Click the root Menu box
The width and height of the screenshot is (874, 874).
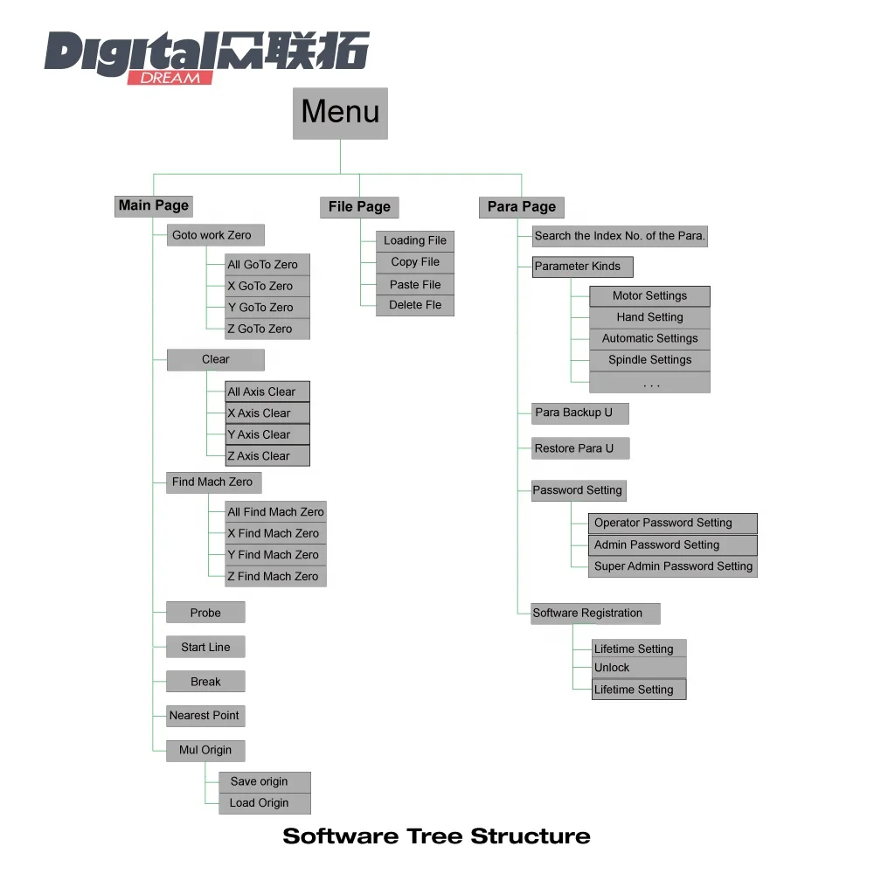(x=340, y=113)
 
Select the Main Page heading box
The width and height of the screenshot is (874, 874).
(x=154, y=206)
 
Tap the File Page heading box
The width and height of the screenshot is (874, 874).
(x=359, y=207)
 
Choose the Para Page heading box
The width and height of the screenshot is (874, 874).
(x=522, y=207)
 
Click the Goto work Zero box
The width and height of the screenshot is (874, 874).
(x=215, y=235)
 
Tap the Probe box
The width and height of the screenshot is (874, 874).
(x=205, y=613)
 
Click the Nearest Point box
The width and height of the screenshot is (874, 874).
(x=205, y=716)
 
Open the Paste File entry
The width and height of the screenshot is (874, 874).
(x=416, y=284)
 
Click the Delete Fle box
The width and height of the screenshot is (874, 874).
(x=416, y=305)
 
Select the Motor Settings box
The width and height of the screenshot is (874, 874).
(x=649, y=296)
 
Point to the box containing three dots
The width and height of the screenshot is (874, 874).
(x=649, y=383)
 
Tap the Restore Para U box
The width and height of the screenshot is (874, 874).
(x=579, y=448)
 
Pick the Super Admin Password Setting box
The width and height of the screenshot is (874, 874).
(x=674, y=566)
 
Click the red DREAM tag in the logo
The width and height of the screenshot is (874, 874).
(x=170, y=77)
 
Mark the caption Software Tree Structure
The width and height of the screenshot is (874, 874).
(x=436, y=836)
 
